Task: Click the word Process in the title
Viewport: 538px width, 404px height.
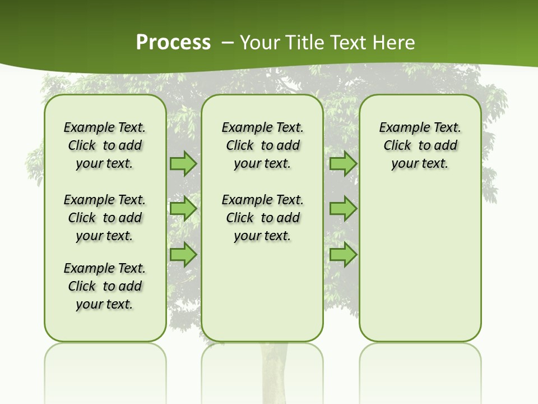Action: coord(173,43)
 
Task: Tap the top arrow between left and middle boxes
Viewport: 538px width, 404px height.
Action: coord(183,163)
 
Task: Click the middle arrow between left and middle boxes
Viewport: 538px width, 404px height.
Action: coord(183,209)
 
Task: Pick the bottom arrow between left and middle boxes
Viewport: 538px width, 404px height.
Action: coord(183,255)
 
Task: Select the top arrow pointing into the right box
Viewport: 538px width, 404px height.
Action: coord(343,163)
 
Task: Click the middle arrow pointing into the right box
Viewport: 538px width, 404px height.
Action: coord(343,209)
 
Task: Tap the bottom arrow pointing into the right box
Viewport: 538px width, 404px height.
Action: coord(343,255)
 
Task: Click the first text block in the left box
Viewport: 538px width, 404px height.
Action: coord(105,145)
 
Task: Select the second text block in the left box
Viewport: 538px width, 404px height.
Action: coord(105,218)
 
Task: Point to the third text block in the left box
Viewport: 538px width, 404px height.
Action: coord(105,286)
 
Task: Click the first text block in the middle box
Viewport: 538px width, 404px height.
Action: coord(262,145)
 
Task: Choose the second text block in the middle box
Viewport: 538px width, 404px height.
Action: coord(262,218)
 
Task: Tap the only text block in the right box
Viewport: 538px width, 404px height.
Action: coord(420,145)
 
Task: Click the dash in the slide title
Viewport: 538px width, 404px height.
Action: coord(228,43)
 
